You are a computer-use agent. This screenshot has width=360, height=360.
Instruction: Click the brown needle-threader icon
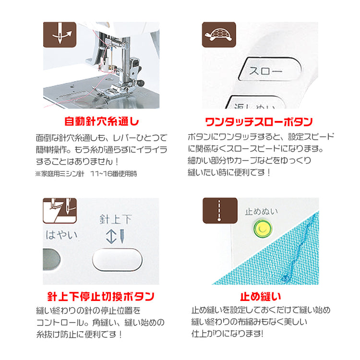tap(60, 35)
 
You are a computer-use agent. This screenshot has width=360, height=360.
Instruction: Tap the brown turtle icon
tap(219, 35)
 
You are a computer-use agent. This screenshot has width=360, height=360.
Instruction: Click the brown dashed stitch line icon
tap(220, 211)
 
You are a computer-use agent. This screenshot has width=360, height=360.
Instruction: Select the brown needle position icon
tap(60, 211)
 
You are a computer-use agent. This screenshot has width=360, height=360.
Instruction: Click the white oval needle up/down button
tap(117, 259)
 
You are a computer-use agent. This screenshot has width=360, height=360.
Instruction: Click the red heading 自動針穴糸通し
tap(102, 121)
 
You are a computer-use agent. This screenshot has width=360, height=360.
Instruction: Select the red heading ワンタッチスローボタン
tap(259, 122)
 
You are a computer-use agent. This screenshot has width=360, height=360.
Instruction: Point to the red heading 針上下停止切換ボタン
tap(101, 297)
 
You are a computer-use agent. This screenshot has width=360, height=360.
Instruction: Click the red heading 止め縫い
tap(261, 297)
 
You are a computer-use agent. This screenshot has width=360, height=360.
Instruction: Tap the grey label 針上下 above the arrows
tap(116, 219)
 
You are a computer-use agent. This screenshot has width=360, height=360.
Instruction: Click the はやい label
tap(61, 235)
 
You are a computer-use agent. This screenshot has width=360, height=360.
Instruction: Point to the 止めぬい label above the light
tap(261, 212)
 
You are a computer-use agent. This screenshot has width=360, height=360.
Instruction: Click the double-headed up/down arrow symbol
tap(111, 237)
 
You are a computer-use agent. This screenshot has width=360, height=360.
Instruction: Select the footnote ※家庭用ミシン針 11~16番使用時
tap(86, 174)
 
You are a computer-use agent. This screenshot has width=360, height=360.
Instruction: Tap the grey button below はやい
tap(51, 259)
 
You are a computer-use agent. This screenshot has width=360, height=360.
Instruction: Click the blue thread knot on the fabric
tap(286, 278)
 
